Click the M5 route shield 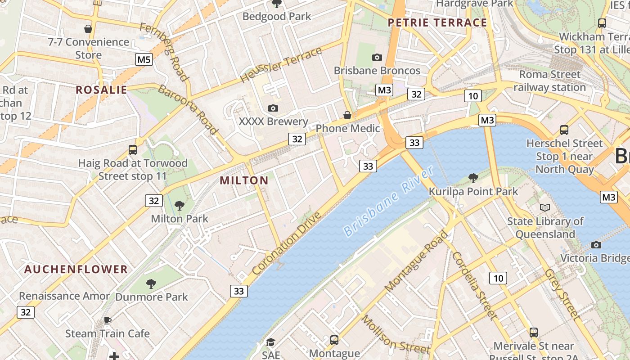(144, 59)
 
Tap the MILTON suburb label (244, 181)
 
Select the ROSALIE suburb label (101, 90)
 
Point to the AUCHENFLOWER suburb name (76, 270)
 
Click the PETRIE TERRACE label (437, 23)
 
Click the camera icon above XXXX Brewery (273, 108)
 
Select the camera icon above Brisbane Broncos (377, 57)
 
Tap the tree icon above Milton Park (179, 206)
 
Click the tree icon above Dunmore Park (151, 284)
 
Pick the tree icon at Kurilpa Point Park (473, 178)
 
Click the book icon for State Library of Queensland (545, 207)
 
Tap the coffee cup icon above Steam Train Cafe (108, 320)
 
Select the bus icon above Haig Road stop (133, 150)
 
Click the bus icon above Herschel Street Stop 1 (564, 130)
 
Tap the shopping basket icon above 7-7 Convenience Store (88, 29)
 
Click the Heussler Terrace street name (281, 65)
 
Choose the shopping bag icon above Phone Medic (347, 115)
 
